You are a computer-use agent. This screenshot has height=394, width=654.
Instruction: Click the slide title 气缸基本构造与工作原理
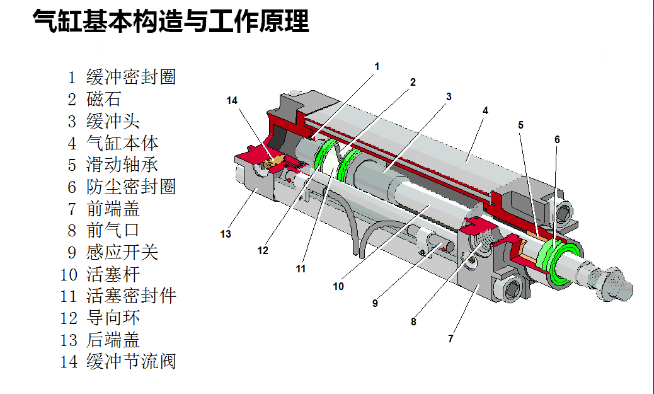171,21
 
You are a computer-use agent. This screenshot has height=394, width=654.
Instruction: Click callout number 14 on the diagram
232,100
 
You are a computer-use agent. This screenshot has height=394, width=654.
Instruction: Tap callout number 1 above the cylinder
377,66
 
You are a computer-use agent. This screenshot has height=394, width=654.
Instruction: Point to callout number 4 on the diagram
485,110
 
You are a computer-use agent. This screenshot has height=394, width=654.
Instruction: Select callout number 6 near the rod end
557,139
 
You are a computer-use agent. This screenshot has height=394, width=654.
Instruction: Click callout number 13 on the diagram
226,235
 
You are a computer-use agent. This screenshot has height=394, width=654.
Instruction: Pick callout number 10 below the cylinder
338,286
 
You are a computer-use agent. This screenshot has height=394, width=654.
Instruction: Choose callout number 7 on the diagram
450,339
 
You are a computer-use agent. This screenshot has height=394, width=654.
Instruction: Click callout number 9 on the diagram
375,303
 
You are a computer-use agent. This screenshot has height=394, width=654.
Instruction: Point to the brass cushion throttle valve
272,162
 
